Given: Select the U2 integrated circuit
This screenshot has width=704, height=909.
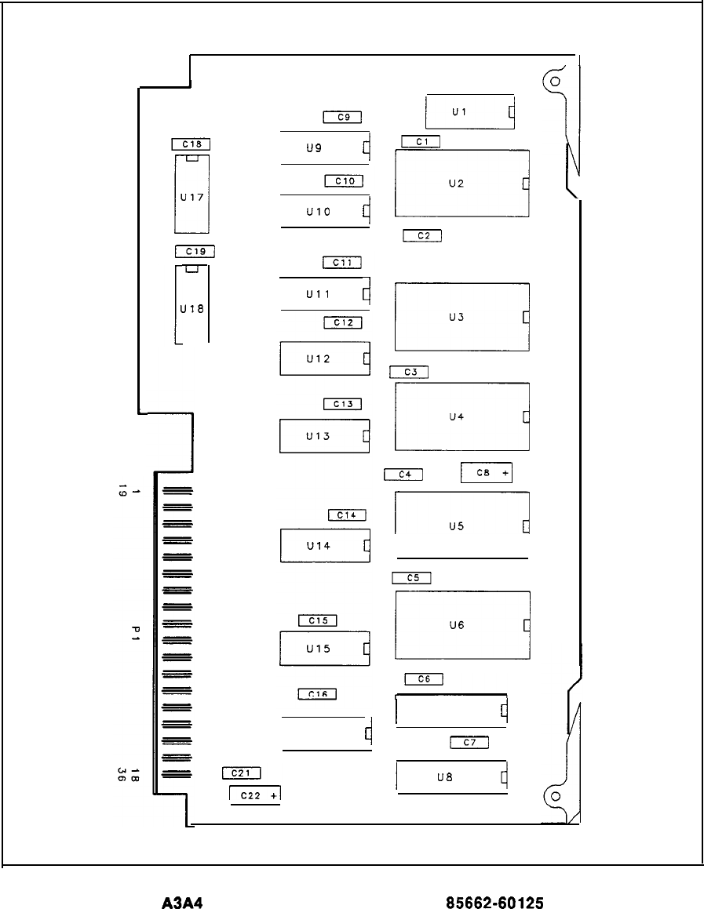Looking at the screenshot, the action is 461,183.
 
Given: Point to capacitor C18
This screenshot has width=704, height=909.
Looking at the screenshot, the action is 192,144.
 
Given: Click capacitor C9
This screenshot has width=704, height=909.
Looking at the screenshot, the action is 342,118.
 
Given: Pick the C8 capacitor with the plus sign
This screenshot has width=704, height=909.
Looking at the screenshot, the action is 487,473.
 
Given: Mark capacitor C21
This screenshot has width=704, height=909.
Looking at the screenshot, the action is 242,773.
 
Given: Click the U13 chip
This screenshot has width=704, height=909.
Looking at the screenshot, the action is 324,436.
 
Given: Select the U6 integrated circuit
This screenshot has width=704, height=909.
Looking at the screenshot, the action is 462,625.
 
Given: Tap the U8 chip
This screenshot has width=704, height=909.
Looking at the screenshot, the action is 451,777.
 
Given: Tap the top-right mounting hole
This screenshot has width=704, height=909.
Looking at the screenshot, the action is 554,81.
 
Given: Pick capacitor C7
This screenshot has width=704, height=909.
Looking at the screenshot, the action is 469,742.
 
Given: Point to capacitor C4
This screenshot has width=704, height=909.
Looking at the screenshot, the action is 404,474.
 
